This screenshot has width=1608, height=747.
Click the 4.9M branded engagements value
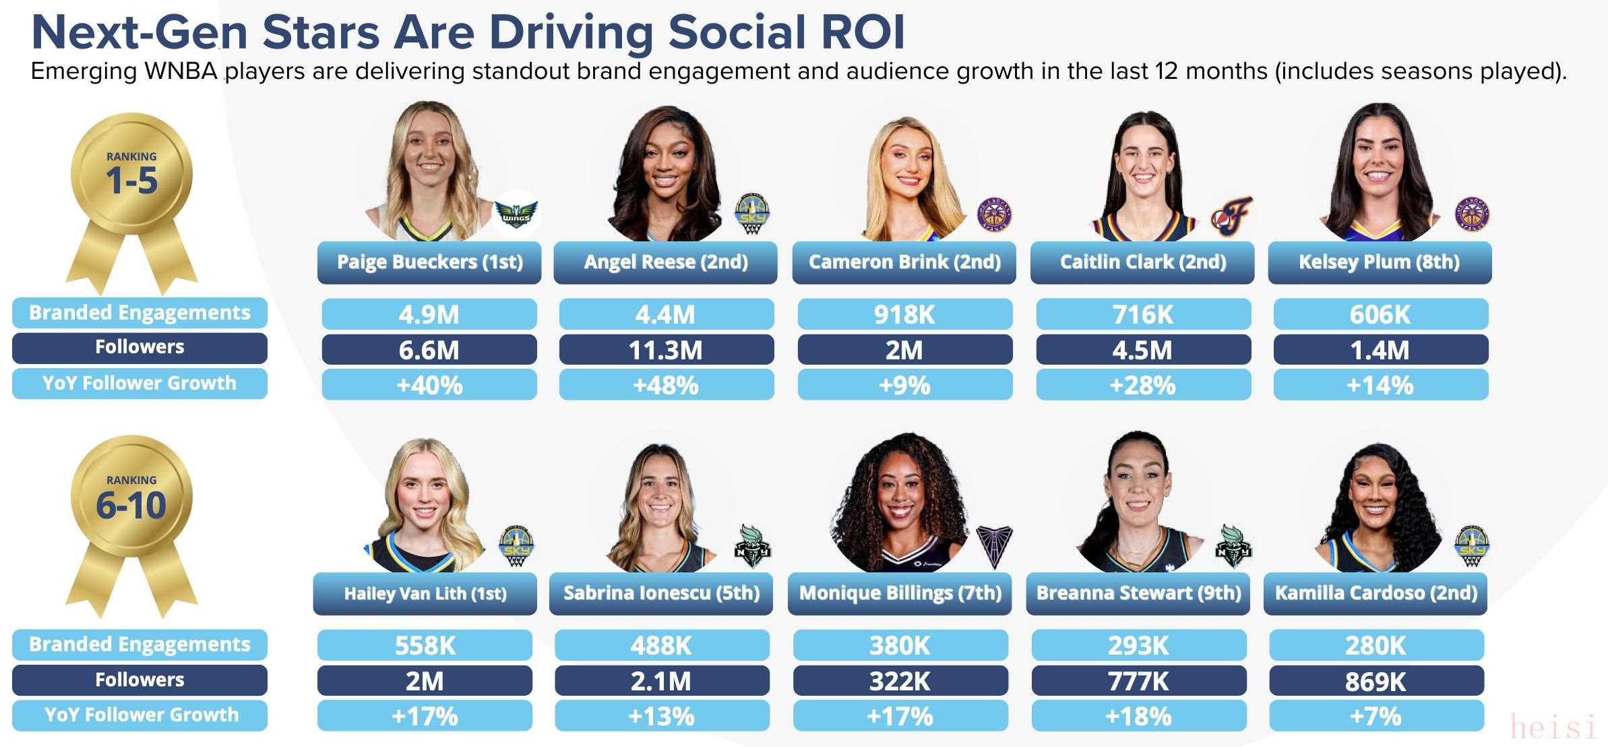coord(429,314)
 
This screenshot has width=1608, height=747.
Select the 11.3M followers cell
coord(666,350)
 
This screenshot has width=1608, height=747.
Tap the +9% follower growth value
coord(904,385)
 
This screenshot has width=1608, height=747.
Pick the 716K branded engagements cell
coord(1143,314)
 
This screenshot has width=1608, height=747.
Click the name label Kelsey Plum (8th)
coord(1379,262)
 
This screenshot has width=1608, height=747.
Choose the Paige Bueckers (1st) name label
coord(429,262)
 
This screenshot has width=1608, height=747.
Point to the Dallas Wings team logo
coord(516,215)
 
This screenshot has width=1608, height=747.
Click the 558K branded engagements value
coord(425,645)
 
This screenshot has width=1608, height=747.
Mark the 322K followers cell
coord(900,681)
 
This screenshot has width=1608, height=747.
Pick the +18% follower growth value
coord(1138,716)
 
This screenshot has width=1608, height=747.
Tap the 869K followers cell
coord(1375,681)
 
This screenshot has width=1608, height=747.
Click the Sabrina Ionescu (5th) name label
coord(661,593)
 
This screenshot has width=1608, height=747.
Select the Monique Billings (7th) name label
coord(900,593)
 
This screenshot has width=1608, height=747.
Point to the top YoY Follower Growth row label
coord(140,383)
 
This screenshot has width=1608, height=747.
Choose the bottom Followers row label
coord(140,680)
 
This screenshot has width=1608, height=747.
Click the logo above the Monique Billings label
coord(994,546)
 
